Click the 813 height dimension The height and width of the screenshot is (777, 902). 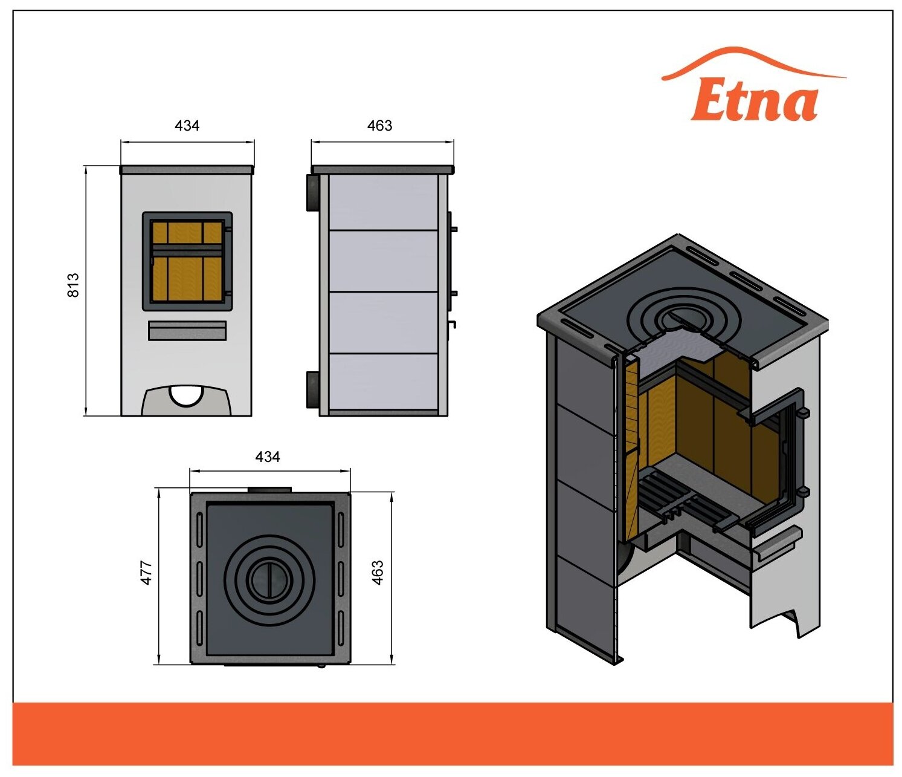pyautogui.click(x=73, y=285)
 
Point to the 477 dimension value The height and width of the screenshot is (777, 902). pyautogui.click(x=147, y=573)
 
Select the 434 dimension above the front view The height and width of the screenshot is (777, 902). pyautogui.click(x=187, y=126)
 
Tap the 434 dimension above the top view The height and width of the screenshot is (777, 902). pyautogui.click(x=267, y=457)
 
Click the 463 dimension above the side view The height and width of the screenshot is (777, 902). pyautogui.click(x=379, y=126)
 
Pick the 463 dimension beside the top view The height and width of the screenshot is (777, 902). pyautogui.click(x=378, y=573)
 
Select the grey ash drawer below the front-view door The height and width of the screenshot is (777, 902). pyautogui.click(x=187, y=331)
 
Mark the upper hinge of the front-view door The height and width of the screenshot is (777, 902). pyautogui.click(x=228, y=229)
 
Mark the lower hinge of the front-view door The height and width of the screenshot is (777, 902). pyautogui.click(x=228, y=294)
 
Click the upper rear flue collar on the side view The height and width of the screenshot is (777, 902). pyautogui.click(x=313, y=193)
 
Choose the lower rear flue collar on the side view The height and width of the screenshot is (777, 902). pyautogui.click(x=313, y=389)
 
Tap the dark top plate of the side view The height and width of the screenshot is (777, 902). pyautogui.click(x=382, y=169)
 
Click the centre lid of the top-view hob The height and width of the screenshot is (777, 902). pyautogui.click(x=270, y=579)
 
